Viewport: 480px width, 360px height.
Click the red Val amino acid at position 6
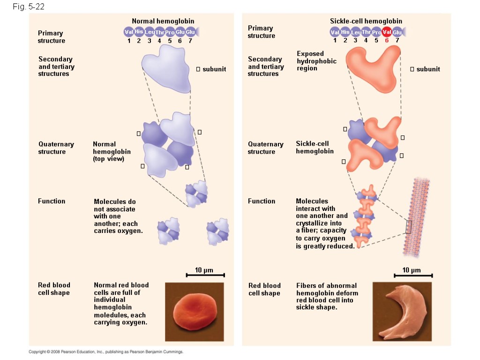[x=387, y=32]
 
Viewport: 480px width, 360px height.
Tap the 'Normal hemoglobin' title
[x=163, y=21]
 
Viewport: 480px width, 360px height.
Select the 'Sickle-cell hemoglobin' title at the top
[x=366, y=21]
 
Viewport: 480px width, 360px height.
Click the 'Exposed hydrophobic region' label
[x=316, y=61]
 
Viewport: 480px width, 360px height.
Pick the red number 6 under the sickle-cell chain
[x=387, y=40]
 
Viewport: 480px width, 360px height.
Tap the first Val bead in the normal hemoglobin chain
[x=129, y=32]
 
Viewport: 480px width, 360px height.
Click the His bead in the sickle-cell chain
[x=345, y=32]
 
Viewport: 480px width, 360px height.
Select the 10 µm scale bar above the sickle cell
[x=413, y=275]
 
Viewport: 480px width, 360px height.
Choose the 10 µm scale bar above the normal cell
[x=205, y=275]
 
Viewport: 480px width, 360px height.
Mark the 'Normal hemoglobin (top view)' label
[x=112, y=151]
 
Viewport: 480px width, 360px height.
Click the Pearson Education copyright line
[x=105, y=352]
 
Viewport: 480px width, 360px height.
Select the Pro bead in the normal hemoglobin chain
[x=170, y=32]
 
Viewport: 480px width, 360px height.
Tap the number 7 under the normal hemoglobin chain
[x=190, y=40]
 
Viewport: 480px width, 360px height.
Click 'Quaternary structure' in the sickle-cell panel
[x=265, y=148]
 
